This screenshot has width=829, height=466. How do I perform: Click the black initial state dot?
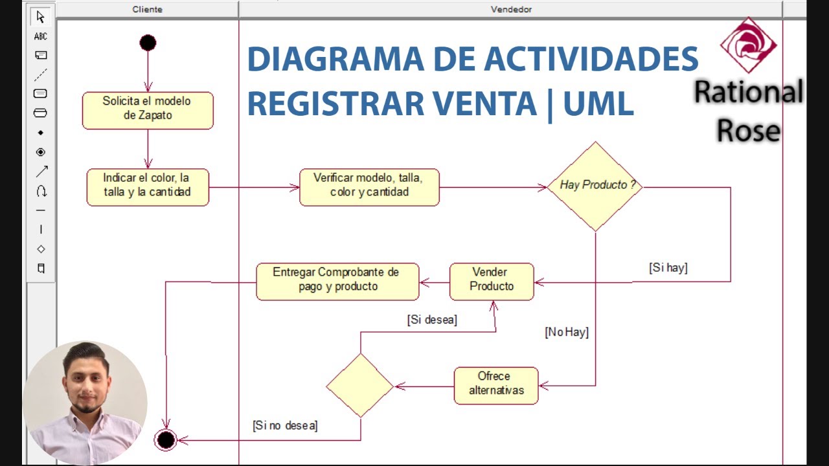click(148, 43)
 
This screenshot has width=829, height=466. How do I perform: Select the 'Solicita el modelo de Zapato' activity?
click(148, 110)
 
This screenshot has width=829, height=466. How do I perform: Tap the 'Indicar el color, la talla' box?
click(148, 187)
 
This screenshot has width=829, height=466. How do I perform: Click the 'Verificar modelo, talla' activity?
click(369, 187)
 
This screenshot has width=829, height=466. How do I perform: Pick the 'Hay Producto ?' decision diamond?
click(595, 186)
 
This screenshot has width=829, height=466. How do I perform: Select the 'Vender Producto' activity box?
click(492, 282)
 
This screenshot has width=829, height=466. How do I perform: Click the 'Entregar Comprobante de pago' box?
click(337, 282)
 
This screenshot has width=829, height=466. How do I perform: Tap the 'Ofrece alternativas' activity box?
click(496, 386)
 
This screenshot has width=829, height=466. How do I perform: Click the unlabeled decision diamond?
click(360, 385)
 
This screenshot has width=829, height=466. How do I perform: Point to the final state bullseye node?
click(166, 440)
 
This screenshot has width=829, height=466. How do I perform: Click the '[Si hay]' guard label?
click(668, 267)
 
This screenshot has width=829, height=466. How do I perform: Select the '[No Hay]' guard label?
click(567, 332)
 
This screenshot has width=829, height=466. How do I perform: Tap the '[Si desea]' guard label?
click(432, 320)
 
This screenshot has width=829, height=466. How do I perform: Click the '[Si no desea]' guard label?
click(285, 425)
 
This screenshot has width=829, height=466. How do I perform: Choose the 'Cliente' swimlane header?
click(148, 9)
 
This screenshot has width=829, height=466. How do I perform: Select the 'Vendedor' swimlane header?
click(511, 9)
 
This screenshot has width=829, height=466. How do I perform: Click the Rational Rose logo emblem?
click(749, 45)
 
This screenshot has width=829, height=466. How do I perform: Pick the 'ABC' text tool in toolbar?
click(41, 36)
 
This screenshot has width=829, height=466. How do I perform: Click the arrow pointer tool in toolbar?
click(41, 17)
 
